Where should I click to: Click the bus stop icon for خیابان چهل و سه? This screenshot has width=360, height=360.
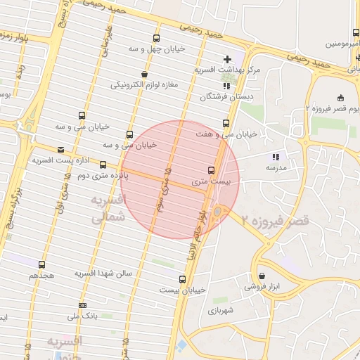(155, 39)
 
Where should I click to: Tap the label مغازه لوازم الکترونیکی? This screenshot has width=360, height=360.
(145, 85)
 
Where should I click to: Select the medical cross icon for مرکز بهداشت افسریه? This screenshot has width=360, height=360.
(226, 59)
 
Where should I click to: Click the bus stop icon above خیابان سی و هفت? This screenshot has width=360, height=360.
(226, 123)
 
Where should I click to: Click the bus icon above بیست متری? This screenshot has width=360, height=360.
(211, 170)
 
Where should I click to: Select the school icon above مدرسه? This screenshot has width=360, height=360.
(276, 157)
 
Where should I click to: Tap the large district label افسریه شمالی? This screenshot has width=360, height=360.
(109, 210)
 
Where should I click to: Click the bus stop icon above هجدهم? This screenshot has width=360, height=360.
(41, 265)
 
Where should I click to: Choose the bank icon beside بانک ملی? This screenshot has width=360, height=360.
(83, 306)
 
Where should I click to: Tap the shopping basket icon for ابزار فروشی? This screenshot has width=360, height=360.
(262, 276)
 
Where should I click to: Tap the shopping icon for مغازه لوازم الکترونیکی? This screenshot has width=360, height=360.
(145, 74)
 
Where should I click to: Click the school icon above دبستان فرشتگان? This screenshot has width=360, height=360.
(225, 86)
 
